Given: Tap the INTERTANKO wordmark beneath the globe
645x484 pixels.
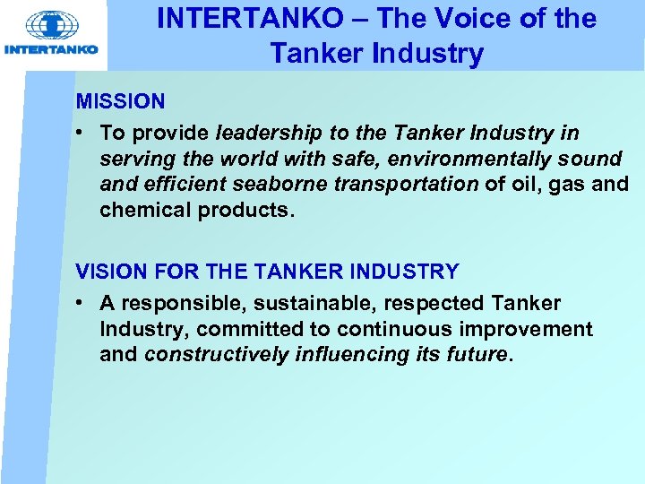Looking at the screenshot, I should [x=52, y=49].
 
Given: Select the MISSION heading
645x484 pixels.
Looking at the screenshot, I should [x=120, y=101].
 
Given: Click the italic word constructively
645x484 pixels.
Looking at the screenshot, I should [x=216, y=354].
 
